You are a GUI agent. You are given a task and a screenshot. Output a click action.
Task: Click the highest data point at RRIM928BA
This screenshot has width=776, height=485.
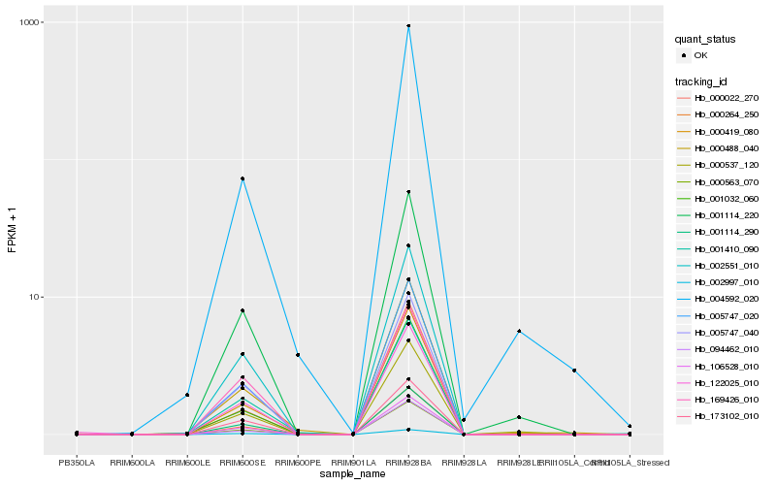point(408,26)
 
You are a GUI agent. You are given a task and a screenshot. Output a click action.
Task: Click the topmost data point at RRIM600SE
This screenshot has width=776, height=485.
point(242,178)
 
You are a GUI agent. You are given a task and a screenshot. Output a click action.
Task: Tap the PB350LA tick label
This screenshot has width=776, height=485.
point(77,462)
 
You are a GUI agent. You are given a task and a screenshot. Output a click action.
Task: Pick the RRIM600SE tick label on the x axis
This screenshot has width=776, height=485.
point(242,462)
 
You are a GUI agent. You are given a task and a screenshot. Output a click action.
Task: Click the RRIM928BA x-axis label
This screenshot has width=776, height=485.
point(408,462)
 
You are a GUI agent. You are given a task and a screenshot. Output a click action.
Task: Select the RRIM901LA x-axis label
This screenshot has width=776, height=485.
point(353,462)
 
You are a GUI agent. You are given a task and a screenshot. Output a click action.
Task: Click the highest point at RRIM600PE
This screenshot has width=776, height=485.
point(298,355)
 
